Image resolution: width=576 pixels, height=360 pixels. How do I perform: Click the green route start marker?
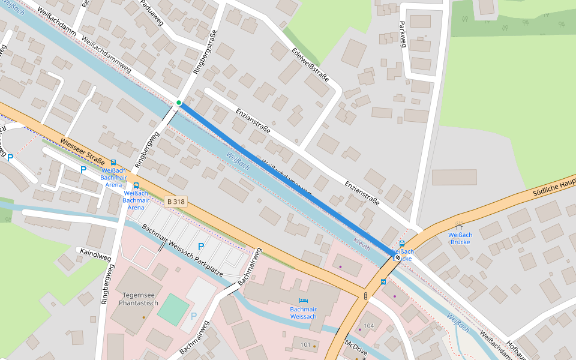pos(179,103)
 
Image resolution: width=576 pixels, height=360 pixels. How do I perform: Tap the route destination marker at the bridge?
pos(397,257)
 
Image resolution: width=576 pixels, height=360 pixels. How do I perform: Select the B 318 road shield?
pos(175,202)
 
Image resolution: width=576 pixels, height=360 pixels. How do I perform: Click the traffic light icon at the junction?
pos(365,295)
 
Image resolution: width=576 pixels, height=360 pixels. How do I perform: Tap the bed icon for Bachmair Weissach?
pos(303,300)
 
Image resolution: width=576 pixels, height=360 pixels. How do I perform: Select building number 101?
pos(306,345)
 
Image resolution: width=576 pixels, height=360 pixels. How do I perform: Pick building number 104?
pos(368,326)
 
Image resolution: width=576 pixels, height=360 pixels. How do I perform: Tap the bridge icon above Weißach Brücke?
pos(459,226)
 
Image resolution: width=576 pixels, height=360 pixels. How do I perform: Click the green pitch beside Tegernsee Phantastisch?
pos(173,310)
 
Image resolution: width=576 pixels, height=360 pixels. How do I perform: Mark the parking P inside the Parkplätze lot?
pos(201,247)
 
